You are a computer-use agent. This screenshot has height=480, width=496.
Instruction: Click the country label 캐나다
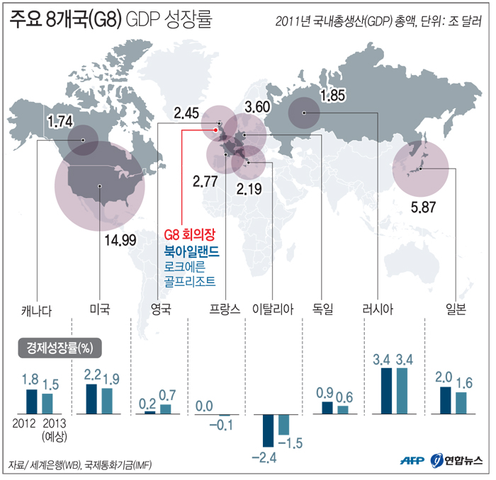[x=37, y=309]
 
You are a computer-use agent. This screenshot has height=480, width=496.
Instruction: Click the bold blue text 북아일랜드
[x=192, y=251]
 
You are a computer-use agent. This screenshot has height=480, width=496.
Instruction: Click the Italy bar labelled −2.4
[x=268, y=433]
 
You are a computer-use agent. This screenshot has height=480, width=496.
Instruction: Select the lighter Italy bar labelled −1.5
[x=283, y=424]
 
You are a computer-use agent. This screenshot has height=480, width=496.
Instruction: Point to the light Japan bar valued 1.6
[x=461, y=402]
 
